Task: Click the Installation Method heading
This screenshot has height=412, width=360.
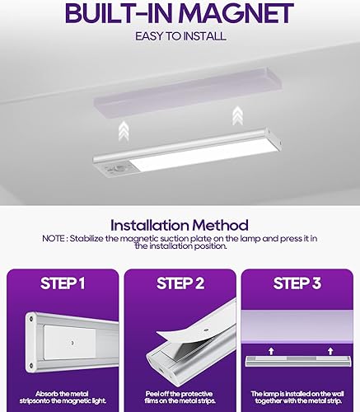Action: (180, 224)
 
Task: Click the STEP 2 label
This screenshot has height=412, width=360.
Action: (179, 283)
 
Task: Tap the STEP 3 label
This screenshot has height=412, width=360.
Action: (297, 283)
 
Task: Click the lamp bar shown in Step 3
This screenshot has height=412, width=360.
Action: (297, 363)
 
